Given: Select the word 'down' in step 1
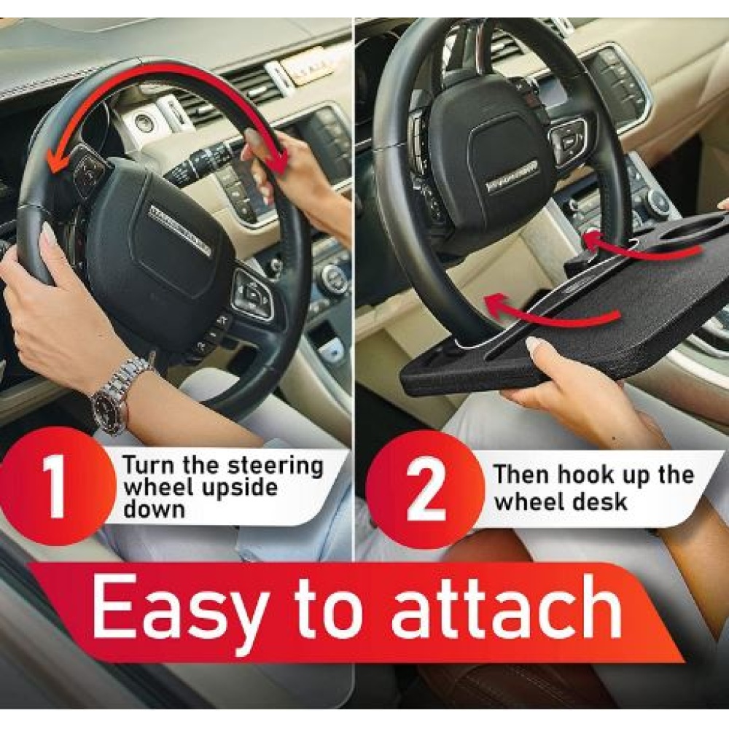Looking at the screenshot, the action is click(x=154, y=509).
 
